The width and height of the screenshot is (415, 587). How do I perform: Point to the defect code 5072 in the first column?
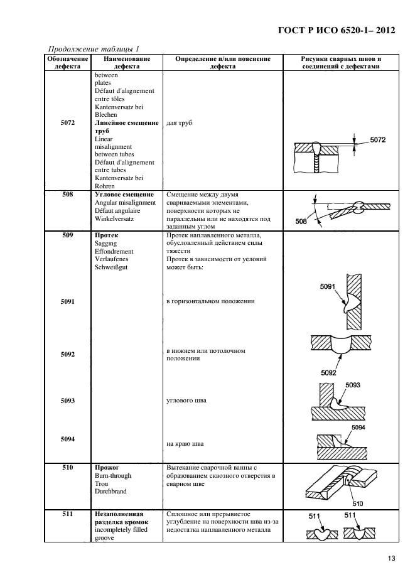click(x=67, y=123)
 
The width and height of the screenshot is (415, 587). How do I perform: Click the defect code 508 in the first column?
click(x=67, y=195)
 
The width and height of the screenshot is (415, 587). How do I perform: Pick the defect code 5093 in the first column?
click(x=67, y=400)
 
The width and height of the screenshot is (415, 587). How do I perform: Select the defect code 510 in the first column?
click(x=67, y=468)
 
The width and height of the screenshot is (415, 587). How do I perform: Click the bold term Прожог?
click(x=107, y=468)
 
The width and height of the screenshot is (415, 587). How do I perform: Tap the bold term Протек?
click(x=107, y=235)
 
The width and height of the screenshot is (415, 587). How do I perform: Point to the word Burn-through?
click(x=113, y=476)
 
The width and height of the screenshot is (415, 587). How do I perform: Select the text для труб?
click(x=180, y=123)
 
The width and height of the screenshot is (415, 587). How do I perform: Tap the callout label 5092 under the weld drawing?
click(x=329, y=372)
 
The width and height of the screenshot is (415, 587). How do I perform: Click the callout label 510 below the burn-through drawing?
click(x=357, y=503)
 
